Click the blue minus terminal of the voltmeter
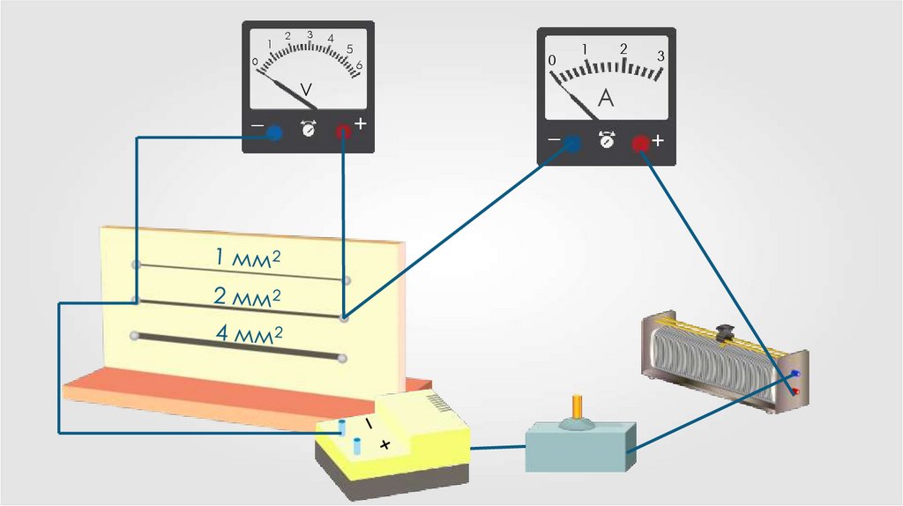tap(274, 133)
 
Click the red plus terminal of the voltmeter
tap(342, 131)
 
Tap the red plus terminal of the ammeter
tap(640, 144)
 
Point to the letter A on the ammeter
tap(606, 98)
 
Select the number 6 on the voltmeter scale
tap(360, 64)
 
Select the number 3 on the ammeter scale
tap(660, 56)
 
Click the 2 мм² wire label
tap(248, 296)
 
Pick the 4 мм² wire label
tap(250, 334)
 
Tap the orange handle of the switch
tap(578, 406)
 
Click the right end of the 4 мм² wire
tap(342, 358)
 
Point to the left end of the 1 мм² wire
tap(135, 264)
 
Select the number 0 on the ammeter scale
tap(552, 60)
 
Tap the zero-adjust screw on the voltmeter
tap(309, 129)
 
